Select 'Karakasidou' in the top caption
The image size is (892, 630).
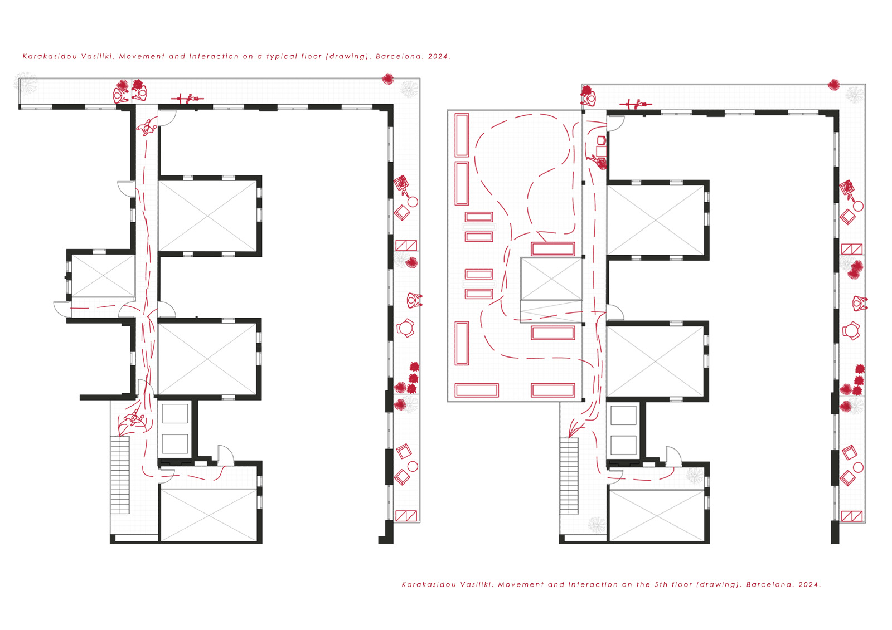pos(50,56)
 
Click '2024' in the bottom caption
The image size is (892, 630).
pos(809,585)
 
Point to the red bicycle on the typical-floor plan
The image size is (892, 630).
pos(187,98)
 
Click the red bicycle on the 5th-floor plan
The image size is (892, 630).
pos(636,104)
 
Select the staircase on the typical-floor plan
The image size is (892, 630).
pos(120,475)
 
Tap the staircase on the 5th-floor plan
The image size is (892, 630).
pos(569,476)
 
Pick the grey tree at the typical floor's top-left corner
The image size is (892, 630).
pos(27,84)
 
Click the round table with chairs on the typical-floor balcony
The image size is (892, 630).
pos(405,328)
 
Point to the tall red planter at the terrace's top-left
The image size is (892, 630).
pos(462,135)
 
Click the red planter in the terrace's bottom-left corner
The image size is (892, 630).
pos(477,390)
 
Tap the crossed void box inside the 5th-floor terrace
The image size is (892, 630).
pos(551,279)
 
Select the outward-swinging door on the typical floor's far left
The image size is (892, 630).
pos(62,309)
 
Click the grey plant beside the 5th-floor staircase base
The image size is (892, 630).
pos(597,525)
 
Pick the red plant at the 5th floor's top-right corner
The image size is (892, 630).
pos(834,85)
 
